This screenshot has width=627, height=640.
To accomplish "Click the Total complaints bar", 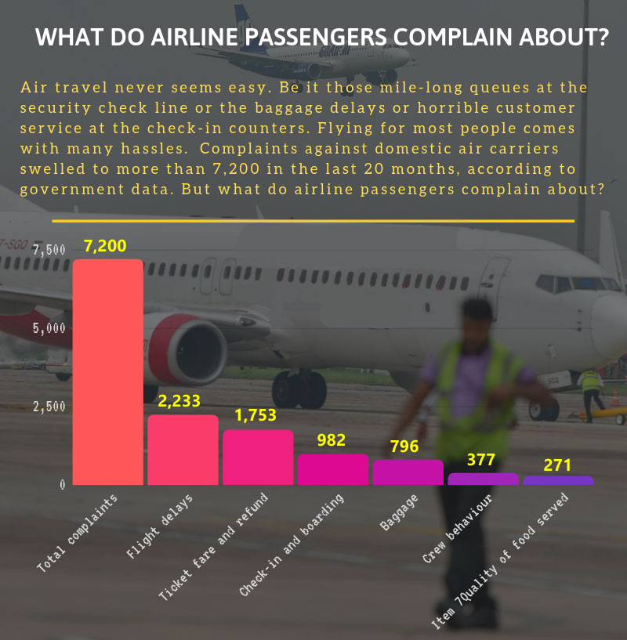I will click(108, 372).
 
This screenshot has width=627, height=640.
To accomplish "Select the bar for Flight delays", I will click(183, 450).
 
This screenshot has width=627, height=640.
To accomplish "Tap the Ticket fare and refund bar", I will click(257, 457).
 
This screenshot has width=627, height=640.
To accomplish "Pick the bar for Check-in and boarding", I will click(332, 470).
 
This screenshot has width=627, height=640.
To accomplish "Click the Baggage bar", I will click(408, 472).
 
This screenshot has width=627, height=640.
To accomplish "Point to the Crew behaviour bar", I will click(483, 479).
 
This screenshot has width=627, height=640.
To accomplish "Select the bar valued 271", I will click(557, 480).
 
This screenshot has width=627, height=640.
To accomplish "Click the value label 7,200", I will click(105, 246).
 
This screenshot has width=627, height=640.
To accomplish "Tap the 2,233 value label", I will click(179, 401).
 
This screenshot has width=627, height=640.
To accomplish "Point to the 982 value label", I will click(332, 439).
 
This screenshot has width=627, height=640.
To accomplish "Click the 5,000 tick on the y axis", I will click(49, 327).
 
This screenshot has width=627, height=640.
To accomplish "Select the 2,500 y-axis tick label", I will click(49, 406).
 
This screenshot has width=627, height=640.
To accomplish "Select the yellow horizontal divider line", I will click(313, 222).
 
